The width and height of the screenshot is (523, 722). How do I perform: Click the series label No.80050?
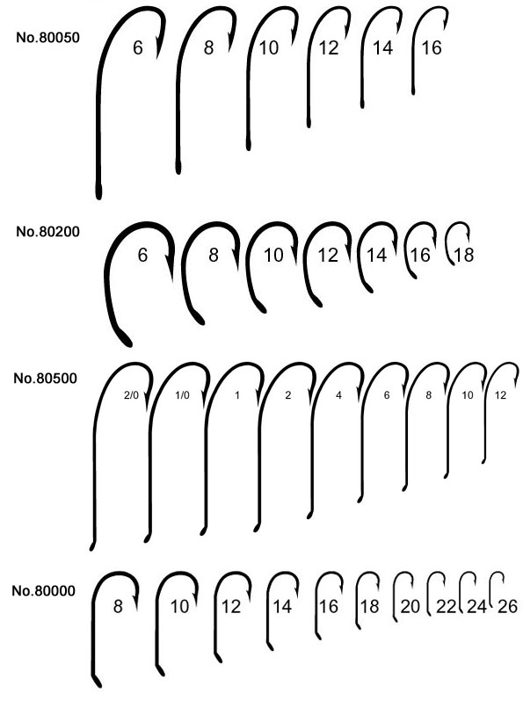pos(48,37)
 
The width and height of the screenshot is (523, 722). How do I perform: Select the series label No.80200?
pos(48,231)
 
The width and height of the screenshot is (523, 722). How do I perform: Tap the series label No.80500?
pos(45,378)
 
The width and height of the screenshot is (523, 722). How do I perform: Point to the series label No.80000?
pos(43,590)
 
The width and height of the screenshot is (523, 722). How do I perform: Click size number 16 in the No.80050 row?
pos(432,47)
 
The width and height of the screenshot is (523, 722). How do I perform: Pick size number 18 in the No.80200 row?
pos(463,255)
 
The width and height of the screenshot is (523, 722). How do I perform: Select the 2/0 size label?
pos(131,395)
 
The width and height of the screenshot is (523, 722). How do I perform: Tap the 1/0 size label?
pos(182,395)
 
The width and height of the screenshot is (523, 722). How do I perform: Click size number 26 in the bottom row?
pos(507,606)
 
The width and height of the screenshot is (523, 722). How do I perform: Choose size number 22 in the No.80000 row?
pos(446,606)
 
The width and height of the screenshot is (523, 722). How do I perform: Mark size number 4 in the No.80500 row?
pos(338,395)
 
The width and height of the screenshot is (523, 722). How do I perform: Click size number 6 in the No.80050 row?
pos(138,47)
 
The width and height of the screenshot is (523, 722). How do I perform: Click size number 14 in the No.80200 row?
pos(376,255)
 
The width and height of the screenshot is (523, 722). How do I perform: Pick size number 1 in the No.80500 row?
pos(237,395)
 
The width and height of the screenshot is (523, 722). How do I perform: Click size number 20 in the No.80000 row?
pos(410,606)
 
